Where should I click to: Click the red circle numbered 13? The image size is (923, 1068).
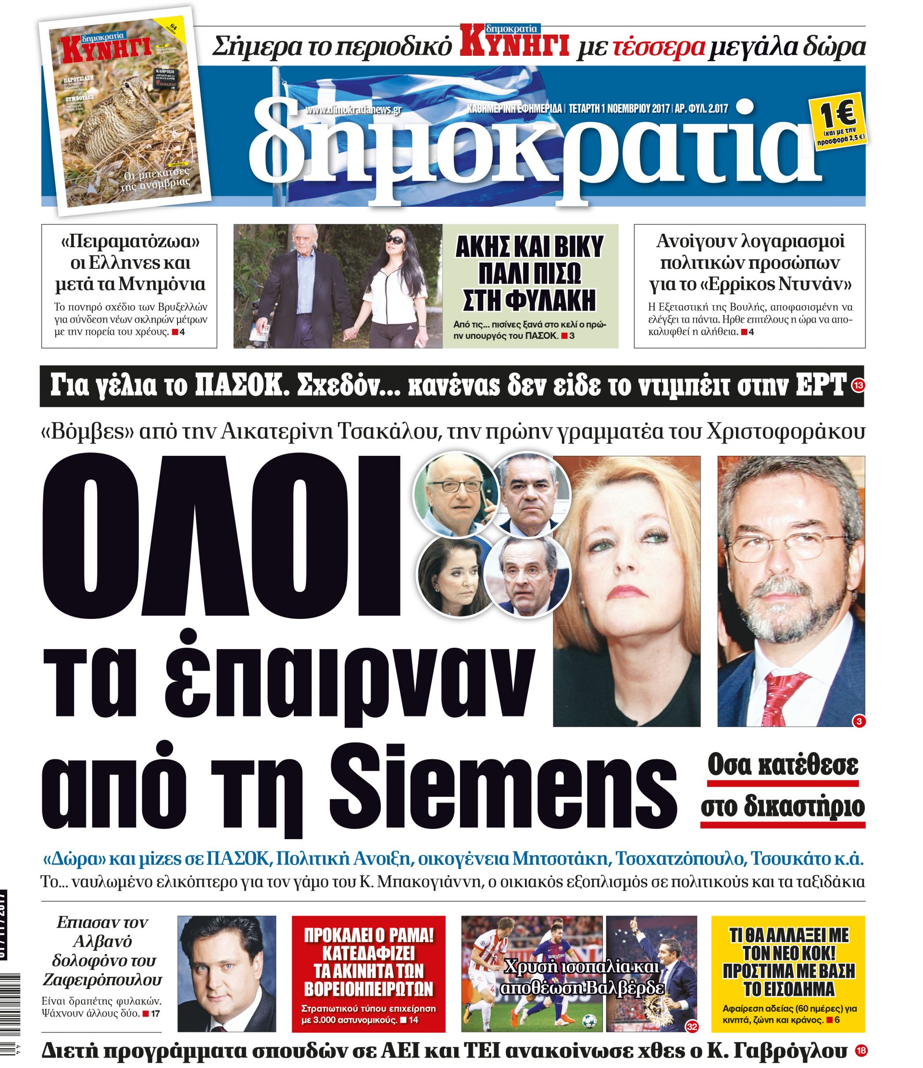(x=858, y=386)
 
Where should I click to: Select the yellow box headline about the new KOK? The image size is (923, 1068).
(x=788, y=962)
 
